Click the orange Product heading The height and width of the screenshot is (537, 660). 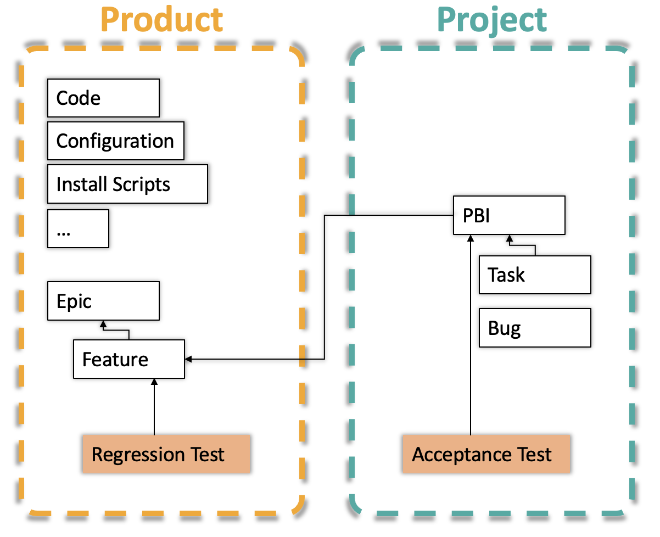162,20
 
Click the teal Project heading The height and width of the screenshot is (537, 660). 492,20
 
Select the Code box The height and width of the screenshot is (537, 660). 103,98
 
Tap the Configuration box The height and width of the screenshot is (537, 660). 115,141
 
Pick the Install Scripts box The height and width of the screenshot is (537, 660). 127,184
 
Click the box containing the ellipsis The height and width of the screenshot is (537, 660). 78,228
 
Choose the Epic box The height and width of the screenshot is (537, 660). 103,301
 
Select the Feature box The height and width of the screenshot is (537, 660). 129,360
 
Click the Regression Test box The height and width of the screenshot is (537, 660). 166,454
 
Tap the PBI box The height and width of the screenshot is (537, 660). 509,216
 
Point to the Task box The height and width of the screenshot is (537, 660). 535,275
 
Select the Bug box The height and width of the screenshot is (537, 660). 535,328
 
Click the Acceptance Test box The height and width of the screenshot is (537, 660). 486,454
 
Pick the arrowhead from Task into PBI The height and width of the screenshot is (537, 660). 510,239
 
